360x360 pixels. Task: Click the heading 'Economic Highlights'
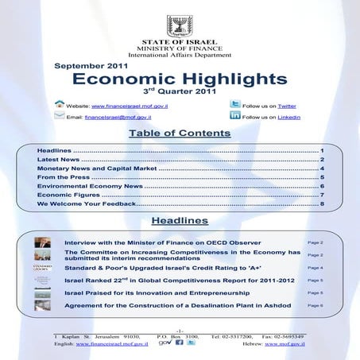click(x=180, y=79)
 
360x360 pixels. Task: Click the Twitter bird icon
click(x=234, y=104)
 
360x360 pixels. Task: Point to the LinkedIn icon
click(x=234, y=116)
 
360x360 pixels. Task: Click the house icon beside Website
click(x=59, y=104)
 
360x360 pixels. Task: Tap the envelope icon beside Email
click(x=59, y=116)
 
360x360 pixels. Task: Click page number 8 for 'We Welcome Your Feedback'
click(x=322, y=204)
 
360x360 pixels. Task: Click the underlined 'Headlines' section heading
click(x=180, y=220)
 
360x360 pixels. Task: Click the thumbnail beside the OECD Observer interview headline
click(x=43, y=242)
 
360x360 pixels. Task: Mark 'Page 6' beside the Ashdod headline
click(x=315, y=305)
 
